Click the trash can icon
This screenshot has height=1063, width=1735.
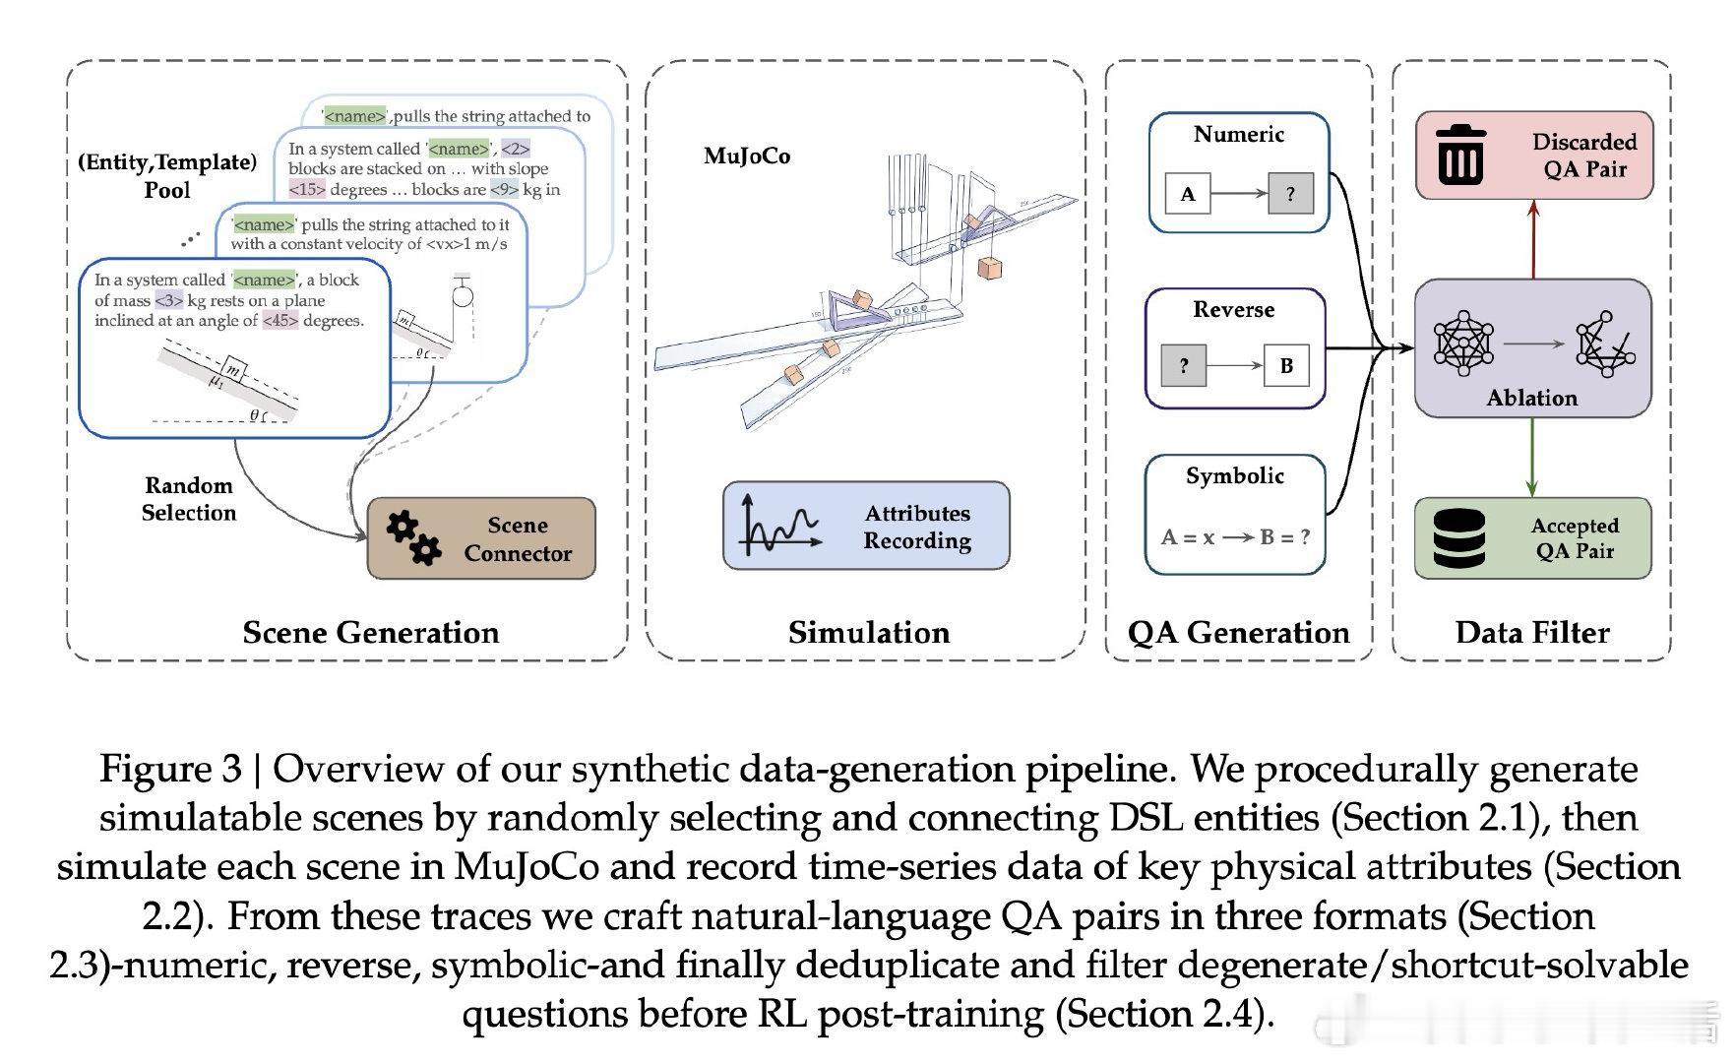point(1460,155)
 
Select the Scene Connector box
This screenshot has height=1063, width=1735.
point(481,538)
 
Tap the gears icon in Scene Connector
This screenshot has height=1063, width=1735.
point(413,537)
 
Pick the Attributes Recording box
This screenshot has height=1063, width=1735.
point(866,526)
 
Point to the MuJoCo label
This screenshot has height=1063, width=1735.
point(747,156)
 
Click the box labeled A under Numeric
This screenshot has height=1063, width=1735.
point(1188,194)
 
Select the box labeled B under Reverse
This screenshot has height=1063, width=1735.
point(1286,365)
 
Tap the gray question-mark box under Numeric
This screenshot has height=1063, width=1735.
point(1290,194)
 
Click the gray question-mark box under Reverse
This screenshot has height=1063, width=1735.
point(1184,365)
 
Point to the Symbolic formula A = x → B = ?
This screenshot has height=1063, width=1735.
point(1235,537)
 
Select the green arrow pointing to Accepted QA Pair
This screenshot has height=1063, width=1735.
point(1531,458)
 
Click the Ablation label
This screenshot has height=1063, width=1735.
point(1531,398)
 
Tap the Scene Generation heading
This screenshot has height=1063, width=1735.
point(371,632)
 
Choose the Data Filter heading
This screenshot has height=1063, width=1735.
point(1532,632)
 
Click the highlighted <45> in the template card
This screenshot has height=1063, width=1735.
point(280,321)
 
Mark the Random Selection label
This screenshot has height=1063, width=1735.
point(189,499)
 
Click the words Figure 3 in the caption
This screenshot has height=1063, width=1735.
point(170,770)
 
